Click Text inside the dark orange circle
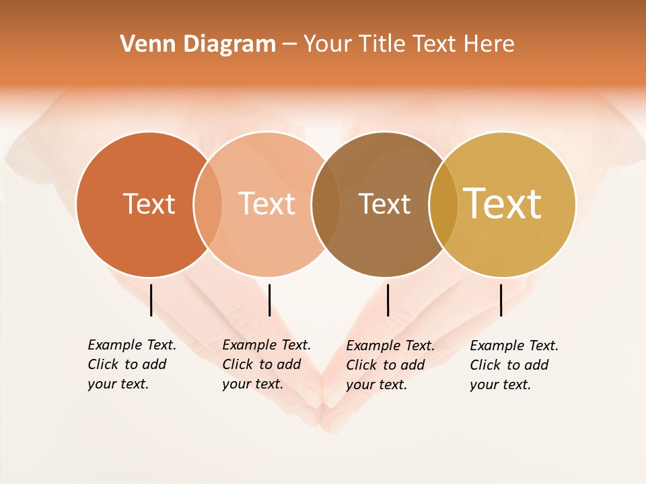[x=149, y=204]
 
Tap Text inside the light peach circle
[x=266, y=204]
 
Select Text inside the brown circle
[x=384, y=204]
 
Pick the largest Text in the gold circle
[x=503, y=204]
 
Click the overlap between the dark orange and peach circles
[x=208, y=204]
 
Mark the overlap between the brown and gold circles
[x=443, y=204]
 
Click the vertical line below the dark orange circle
[x=151, y=300]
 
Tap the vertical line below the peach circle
[x=269, y=300]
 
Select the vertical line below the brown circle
[x=388, y=300]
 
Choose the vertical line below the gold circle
[x=501, y=300]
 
